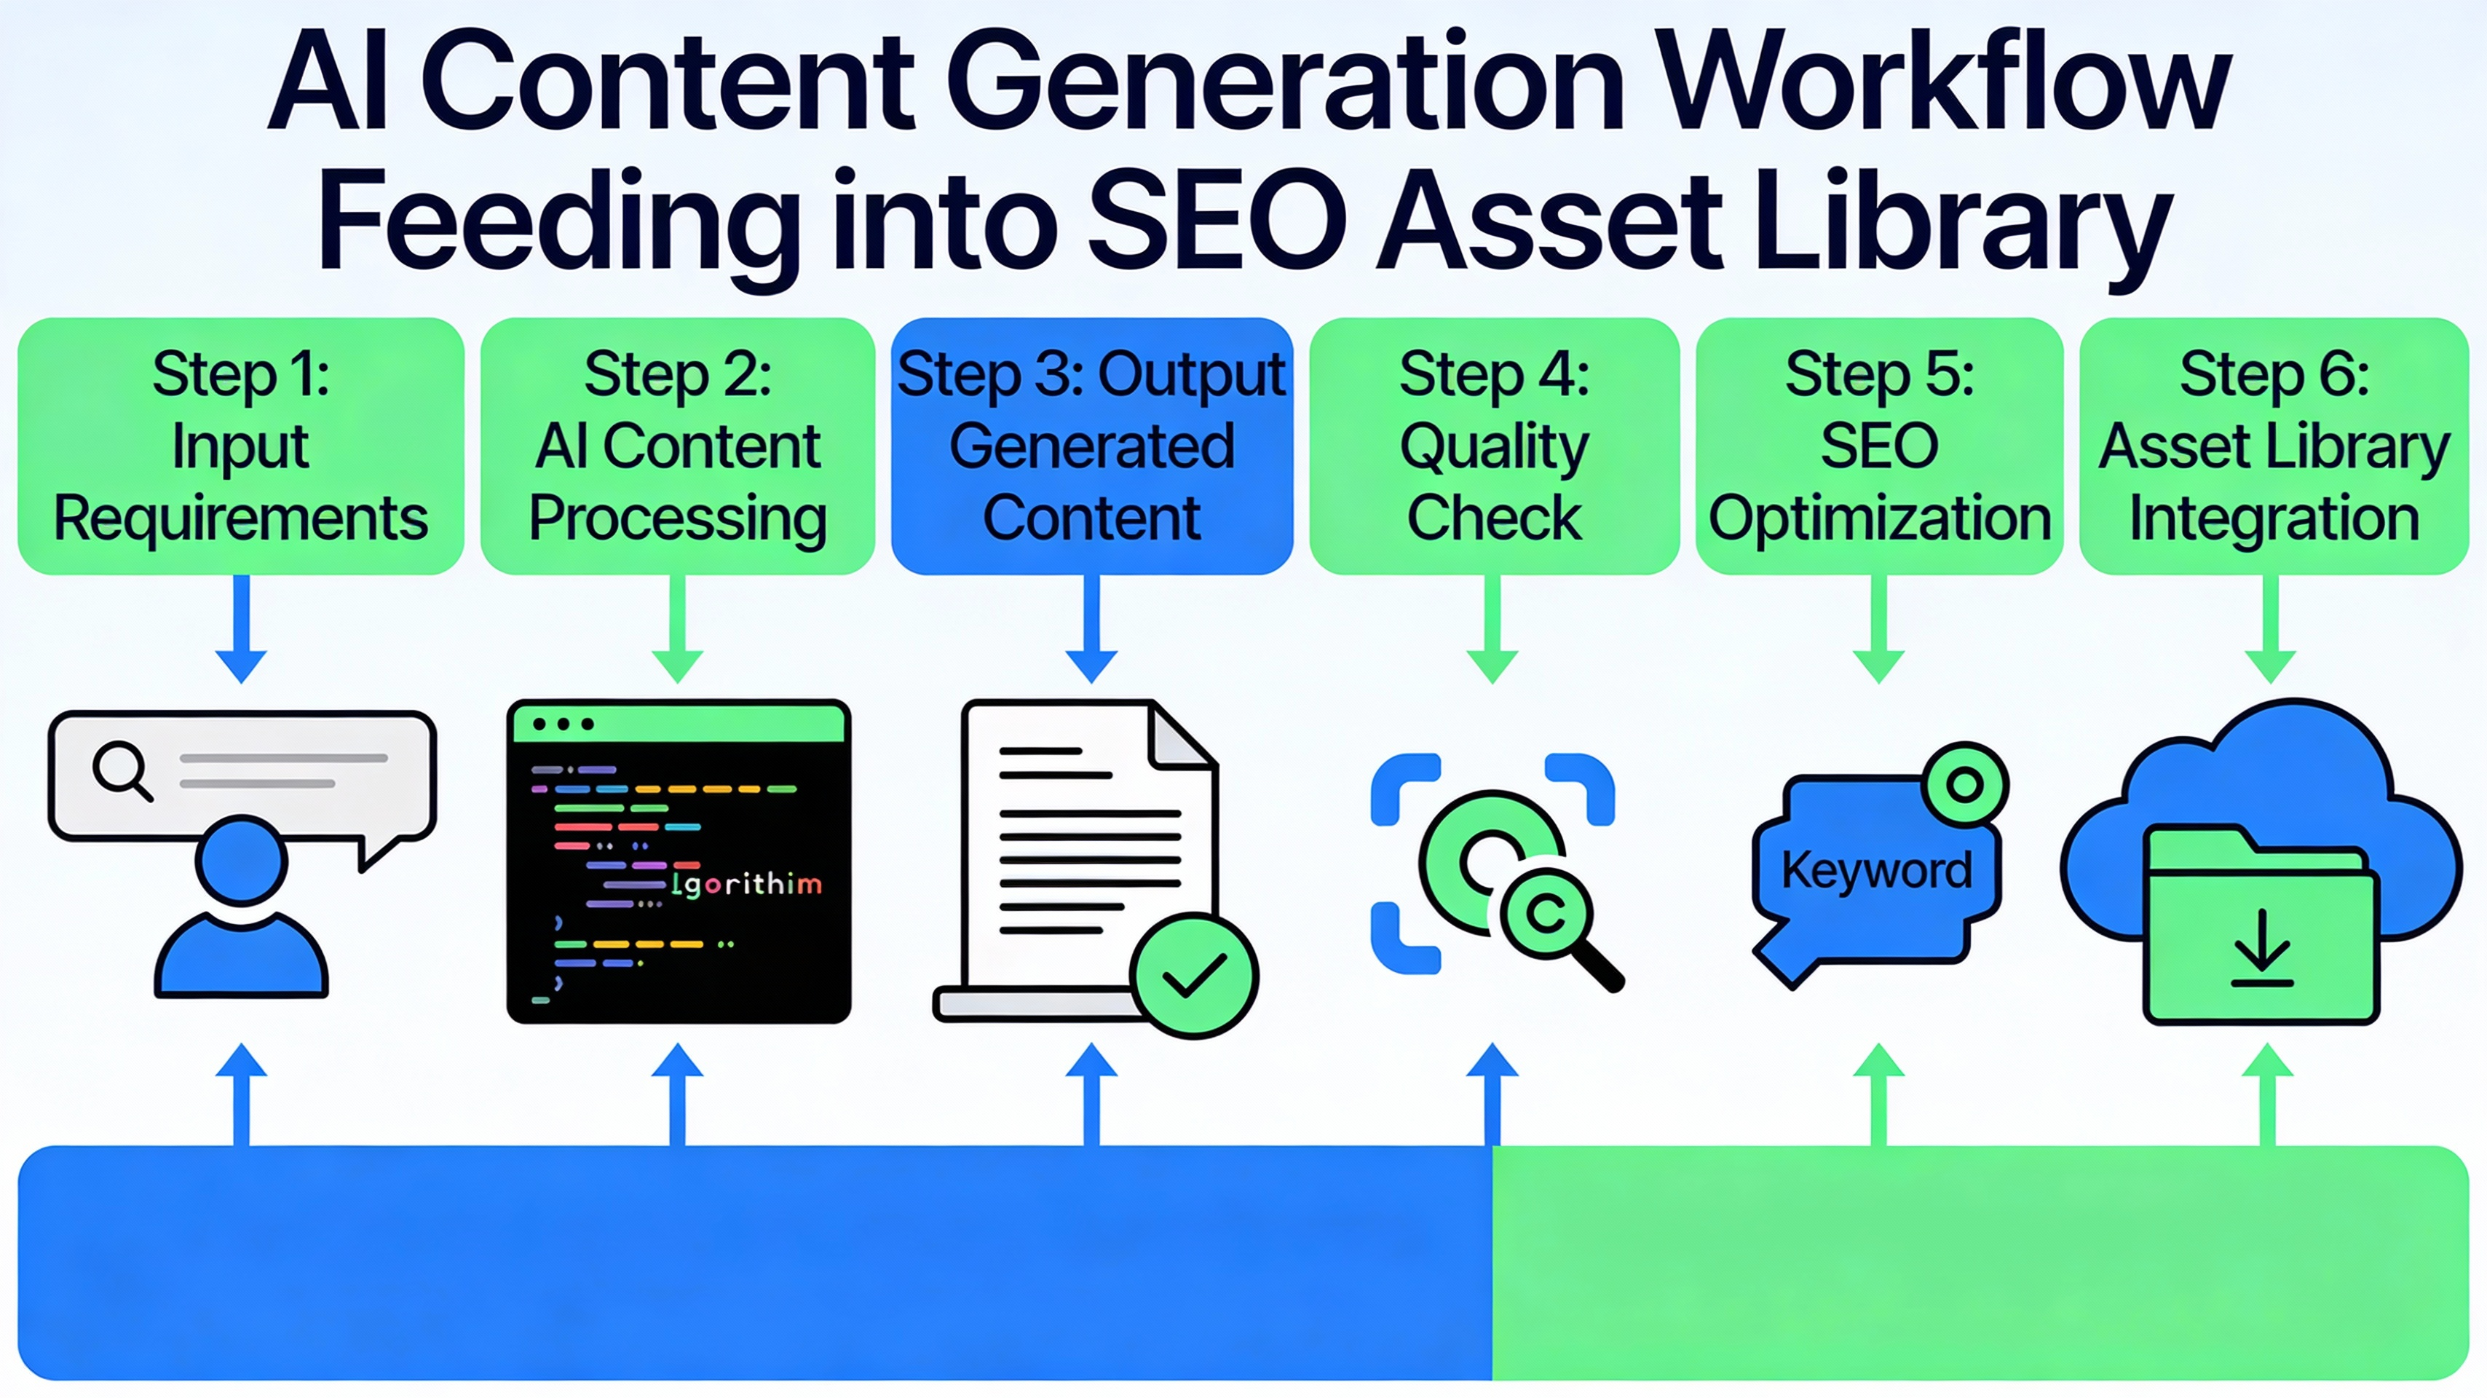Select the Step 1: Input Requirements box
pos(240,446)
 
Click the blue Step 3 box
pos(1092,446)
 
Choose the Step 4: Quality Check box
pos(1493,446)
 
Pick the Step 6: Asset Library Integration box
pos(2274,446)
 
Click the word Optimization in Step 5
pos(1879,518)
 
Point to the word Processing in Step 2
pos(678,518)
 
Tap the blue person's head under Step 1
pos(242,859)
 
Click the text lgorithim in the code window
pos(746,883)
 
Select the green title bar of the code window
pos(679,723)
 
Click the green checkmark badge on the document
pos(1194,975)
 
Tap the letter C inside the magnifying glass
pos(1546,912)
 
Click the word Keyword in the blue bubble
pos(1876,870)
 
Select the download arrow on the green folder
pos(2262,950)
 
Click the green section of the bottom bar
pos(1979,1262)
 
